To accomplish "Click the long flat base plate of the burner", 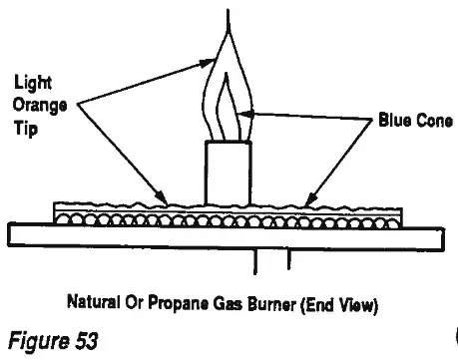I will tap(227, 234).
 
